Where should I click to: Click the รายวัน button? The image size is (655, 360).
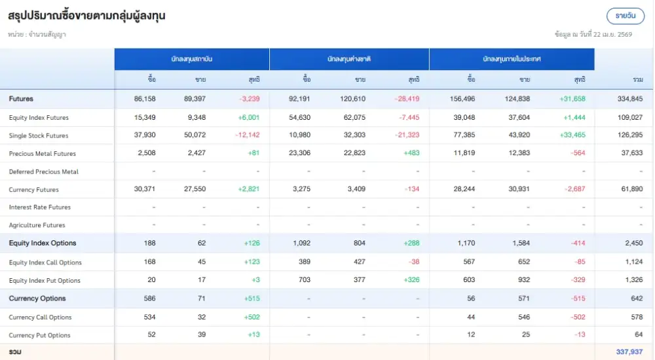626,15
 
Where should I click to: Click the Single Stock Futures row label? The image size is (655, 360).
39,135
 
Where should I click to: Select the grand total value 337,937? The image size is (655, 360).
629,351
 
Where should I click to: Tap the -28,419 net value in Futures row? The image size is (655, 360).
407,99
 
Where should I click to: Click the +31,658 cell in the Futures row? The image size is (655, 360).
572,99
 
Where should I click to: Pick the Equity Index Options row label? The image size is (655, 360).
43,243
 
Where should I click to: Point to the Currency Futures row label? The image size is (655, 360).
34,190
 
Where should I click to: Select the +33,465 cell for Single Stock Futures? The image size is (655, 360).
572,135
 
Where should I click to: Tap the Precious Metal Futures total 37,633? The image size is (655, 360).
631,154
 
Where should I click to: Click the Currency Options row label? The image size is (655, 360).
37,298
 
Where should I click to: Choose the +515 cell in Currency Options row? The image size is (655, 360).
252,298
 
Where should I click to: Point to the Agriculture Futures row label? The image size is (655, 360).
37,225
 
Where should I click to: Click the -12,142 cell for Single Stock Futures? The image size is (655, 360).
248,135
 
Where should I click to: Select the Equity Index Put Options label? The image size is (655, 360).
45,281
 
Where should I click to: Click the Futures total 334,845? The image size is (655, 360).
629,99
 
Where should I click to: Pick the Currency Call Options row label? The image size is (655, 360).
40,317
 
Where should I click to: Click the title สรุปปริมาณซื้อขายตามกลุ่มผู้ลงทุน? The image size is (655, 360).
86,16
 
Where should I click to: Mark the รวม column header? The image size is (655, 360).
637,79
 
